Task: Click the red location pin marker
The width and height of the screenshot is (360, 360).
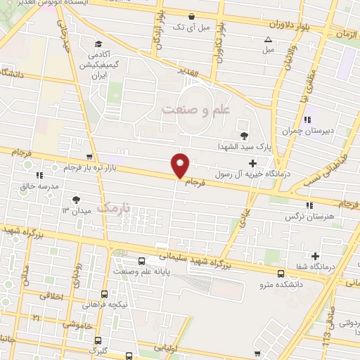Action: (181, 165)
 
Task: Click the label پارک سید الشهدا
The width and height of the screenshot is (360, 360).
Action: (244, 147)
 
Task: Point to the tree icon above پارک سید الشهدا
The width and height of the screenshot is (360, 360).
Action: (244, 136)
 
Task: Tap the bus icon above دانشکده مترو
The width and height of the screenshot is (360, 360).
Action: (281, 273)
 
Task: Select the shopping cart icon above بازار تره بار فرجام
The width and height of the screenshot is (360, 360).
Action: (89, 157)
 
